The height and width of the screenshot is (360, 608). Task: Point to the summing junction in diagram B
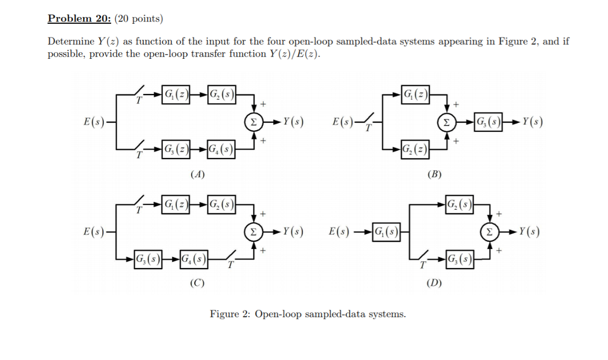coord(445,122)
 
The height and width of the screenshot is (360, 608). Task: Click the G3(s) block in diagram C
coord(147,259)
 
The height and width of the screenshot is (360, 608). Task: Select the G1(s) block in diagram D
coord(385,231)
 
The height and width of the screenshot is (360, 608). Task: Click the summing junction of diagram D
coord(490,231)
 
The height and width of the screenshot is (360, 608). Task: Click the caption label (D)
coord(434,283)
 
